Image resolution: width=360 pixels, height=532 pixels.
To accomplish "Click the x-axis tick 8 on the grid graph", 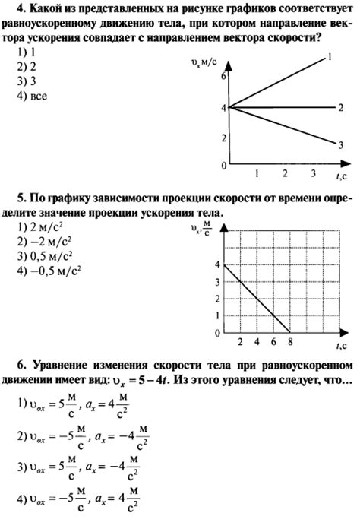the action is click(288, 342).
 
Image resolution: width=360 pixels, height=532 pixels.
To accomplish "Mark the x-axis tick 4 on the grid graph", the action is click(253, 342).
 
